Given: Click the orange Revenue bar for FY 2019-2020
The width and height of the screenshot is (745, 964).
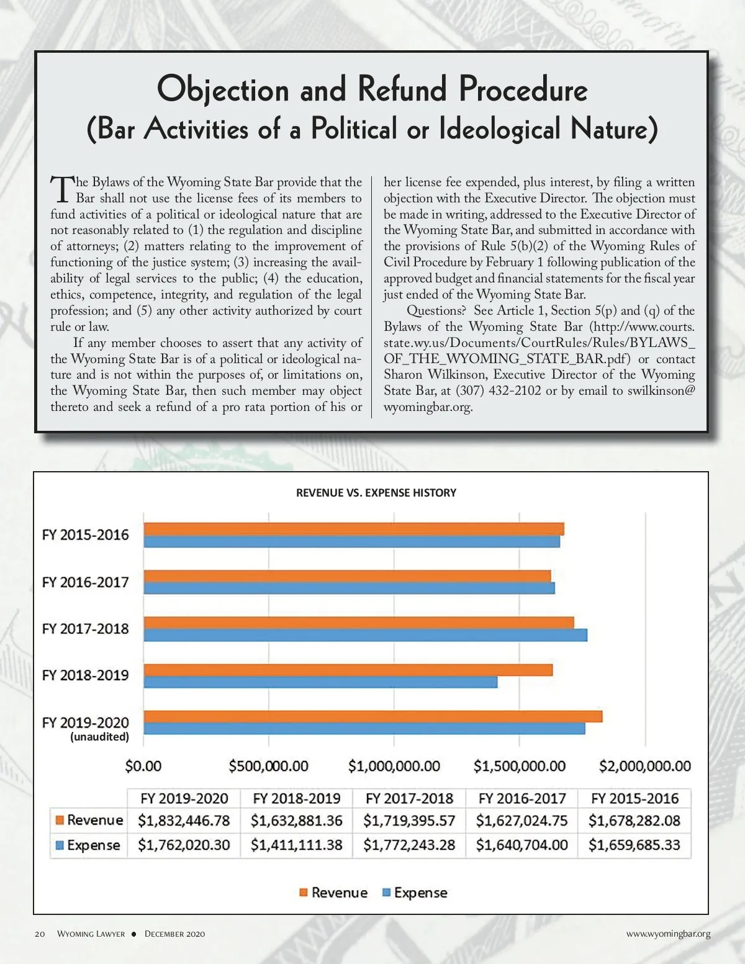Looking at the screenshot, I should click(x=372, y=716).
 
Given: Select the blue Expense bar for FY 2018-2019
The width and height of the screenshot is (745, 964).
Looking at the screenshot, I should click(x=320, y=682).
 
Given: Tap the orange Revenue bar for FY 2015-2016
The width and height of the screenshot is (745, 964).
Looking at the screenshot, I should click(x=354, y=529).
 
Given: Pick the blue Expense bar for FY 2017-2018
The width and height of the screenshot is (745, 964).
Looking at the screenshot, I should click(x=365, y=634).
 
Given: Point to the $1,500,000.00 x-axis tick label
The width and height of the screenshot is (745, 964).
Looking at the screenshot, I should click(x=520, y=766).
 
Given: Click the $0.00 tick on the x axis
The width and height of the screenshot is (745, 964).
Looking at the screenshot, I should click(x=143, y=766).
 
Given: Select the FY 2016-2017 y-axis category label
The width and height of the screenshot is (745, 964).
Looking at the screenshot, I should click(x=86, y=582).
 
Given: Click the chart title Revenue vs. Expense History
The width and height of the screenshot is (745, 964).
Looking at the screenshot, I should click(x=376, y=493).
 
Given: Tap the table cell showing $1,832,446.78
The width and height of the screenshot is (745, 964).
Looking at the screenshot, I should click(x=184, y=821).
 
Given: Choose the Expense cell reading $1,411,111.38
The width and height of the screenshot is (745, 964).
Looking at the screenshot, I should click(x=297, y=845).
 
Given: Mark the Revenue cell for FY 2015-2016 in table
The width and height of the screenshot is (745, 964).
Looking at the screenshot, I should click(x=634, y=821).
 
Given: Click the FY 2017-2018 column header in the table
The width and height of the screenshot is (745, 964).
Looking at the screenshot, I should click(x=409, y=798).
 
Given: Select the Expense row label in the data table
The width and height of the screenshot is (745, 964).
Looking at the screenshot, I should click(x=93, y=845).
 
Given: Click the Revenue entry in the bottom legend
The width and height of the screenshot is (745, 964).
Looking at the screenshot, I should click(x=339, y=893).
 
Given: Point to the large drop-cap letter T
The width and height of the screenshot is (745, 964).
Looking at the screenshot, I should click(x=61, y=189).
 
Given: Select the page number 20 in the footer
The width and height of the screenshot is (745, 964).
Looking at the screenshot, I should click(x=40, y=934).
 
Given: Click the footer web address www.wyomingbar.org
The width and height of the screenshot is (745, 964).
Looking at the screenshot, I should click(x=668, y=934).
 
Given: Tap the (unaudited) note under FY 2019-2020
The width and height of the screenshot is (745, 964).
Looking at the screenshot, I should click(x=99, y=737).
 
